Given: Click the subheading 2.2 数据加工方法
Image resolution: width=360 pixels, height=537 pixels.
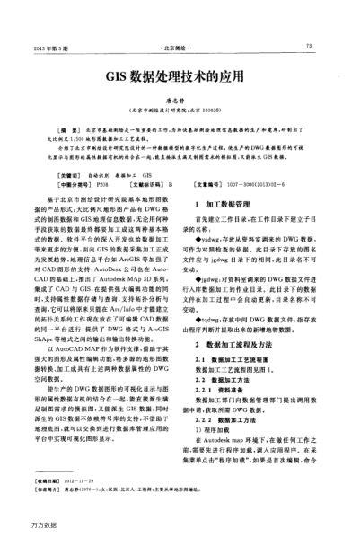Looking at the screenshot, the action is click(223, 380).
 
